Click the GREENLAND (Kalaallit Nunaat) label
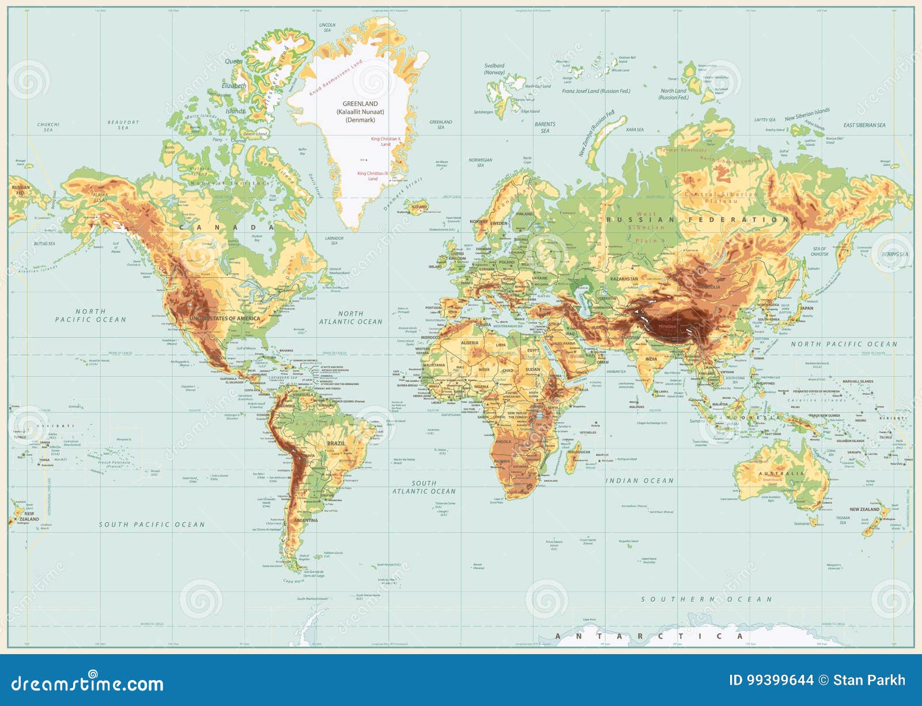pos(360,112)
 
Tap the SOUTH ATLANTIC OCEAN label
pos(424,488)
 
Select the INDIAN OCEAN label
pos(639,481)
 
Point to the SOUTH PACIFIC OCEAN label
pos(152,525)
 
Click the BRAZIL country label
pos(336,443)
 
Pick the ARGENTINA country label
pos(305,520)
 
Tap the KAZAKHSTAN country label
pos(624,279)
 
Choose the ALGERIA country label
pos(469,343)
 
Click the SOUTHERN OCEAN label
pos(706,599)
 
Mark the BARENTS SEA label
pos(545,127)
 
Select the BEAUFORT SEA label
pos(123,125)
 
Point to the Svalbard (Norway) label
pos(494,69)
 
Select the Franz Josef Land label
pos(596,91)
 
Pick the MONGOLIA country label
pos(708,287)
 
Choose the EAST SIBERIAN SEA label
pos(864,125)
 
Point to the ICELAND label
pos(419,206)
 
